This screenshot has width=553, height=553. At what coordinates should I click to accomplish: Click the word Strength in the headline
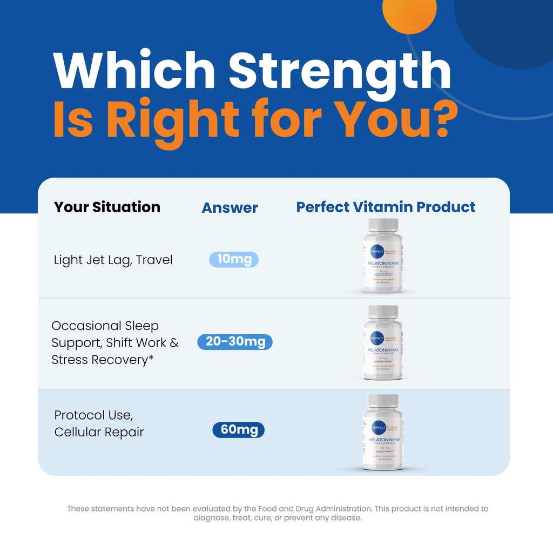coord(340,73)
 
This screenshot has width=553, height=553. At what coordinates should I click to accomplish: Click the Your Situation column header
coord(107,207)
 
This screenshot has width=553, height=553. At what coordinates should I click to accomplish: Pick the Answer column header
coord(230,207)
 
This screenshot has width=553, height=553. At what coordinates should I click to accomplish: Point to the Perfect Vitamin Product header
coord(386,207)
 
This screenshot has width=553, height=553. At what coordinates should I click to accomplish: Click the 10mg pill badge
coord(234,260)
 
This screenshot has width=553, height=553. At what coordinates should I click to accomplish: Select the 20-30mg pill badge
coord(235,342)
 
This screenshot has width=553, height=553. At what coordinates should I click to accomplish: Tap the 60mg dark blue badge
coord(238,430)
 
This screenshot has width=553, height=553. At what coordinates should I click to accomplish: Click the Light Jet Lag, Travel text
coord(113,260)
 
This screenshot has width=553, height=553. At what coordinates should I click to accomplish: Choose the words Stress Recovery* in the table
coord(99,360)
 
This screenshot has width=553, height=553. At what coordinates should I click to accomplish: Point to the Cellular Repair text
coord(99,432)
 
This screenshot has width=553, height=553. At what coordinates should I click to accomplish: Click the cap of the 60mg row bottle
coord(383,401)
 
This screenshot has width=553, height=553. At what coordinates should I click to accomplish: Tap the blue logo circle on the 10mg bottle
coord(377,252)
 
